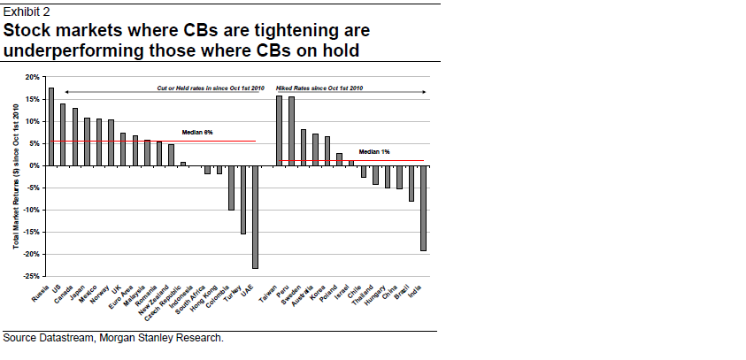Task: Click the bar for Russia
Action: point(50,126)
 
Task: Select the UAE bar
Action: point(255,217)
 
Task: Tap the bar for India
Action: point(423,208)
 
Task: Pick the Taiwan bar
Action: point(279,130)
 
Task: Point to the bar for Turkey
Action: point(243,199)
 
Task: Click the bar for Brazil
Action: point(411,183)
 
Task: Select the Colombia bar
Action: point(231,188)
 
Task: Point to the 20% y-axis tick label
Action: point(32,77)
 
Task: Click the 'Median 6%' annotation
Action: point(197,132)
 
